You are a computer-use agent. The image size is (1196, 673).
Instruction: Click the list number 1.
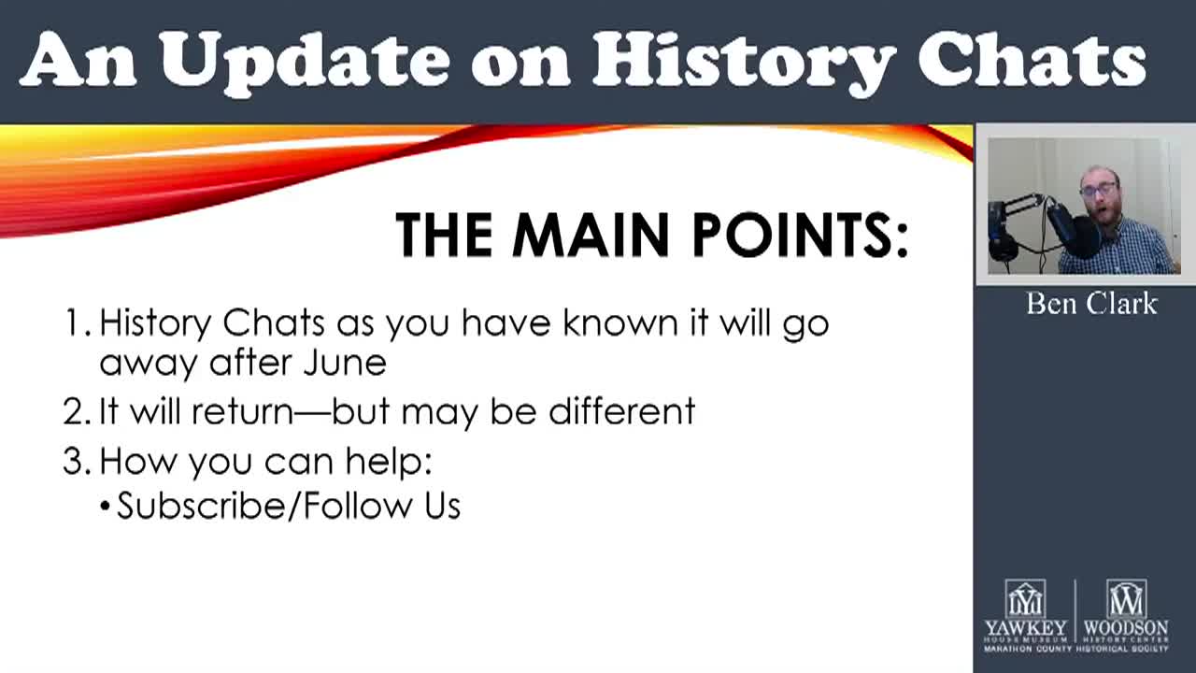pos(74,323)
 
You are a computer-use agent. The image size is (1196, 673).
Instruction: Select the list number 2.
pos(75,411)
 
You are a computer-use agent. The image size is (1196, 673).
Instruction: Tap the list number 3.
pos(75,461)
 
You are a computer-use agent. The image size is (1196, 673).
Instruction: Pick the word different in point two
pos(621,411)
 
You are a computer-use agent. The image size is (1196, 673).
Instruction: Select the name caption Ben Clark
pos(1091,304)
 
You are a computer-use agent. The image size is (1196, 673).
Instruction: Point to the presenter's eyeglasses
pos(1100,191)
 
